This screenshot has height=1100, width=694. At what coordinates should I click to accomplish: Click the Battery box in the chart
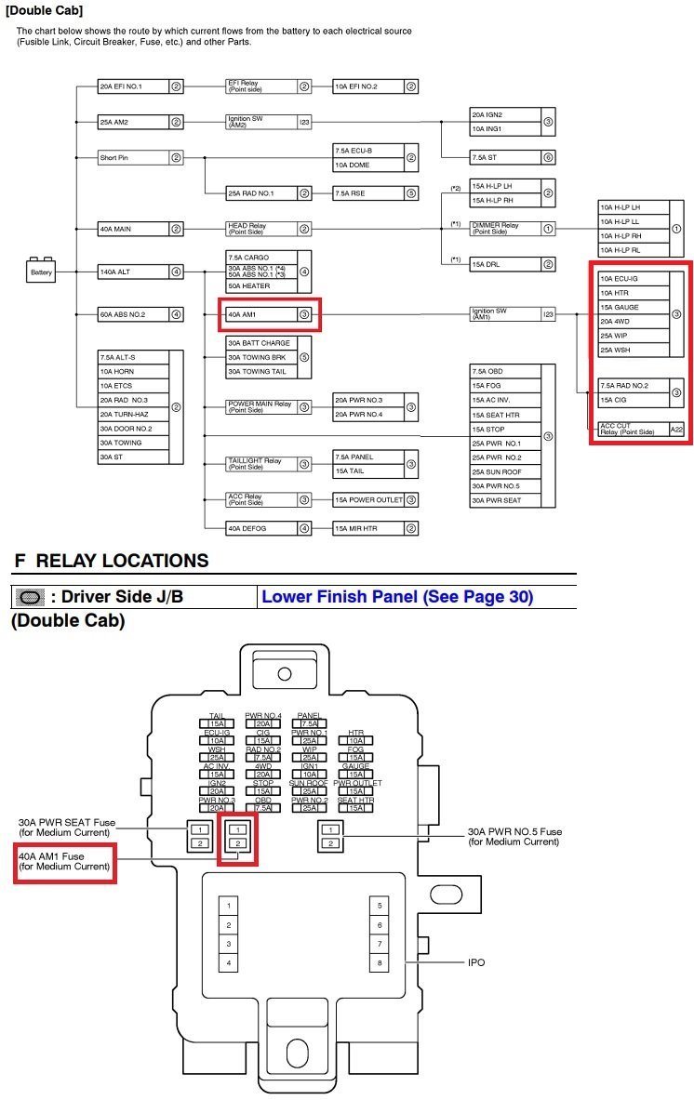[42, 272]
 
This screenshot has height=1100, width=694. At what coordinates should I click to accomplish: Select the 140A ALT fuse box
[132, 272]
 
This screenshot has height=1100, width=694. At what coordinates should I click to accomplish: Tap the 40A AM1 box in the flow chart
[260, 315]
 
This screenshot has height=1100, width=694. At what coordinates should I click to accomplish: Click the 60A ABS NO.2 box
[132, 314]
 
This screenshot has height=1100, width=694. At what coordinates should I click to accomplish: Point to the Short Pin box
[132, 158]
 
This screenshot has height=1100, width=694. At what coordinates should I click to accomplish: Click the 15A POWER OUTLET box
[369, 500]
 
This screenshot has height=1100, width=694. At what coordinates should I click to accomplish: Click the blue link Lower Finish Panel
[397, 597]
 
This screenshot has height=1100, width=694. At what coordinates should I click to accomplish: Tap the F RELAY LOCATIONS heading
[111, 561]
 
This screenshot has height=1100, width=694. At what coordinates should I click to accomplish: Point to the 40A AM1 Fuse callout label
[64, 861]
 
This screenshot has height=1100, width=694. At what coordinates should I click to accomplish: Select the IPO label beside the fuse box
[475, 962]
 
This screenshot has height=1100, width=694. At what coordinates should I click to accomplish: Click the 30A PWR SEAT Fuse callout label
[67, 828]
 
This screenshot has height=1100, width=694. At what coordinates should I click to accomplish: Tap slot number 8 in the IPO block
[380, 963]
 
